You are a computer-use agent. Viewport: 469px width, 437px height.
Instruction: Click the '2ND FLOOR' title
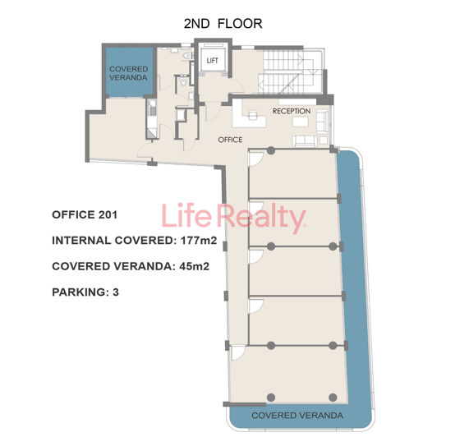click(x=223, y=23)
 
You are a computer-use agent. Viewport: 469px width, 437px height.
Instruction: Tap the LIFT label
click(x=212, y=62)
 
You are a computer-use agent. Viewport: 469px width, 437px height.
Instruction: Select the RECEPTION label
click(x=291, y=111)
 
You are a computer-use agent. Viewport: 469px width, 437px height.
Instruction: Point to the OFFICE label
click(x=230, y=140)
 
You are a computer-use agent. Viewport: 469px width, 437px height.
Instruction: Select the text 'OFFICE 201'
click(x=85, y=215)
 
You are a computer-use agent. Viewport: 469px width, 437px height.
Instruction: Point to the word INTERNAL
click(x=83, y=241)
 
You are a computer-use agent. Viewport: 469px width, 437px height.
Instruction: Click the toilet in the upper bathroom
click(x=186, y=57)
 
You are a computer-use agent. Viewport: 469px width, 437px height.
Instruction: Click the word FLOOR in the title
click(x=241, y=23)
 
